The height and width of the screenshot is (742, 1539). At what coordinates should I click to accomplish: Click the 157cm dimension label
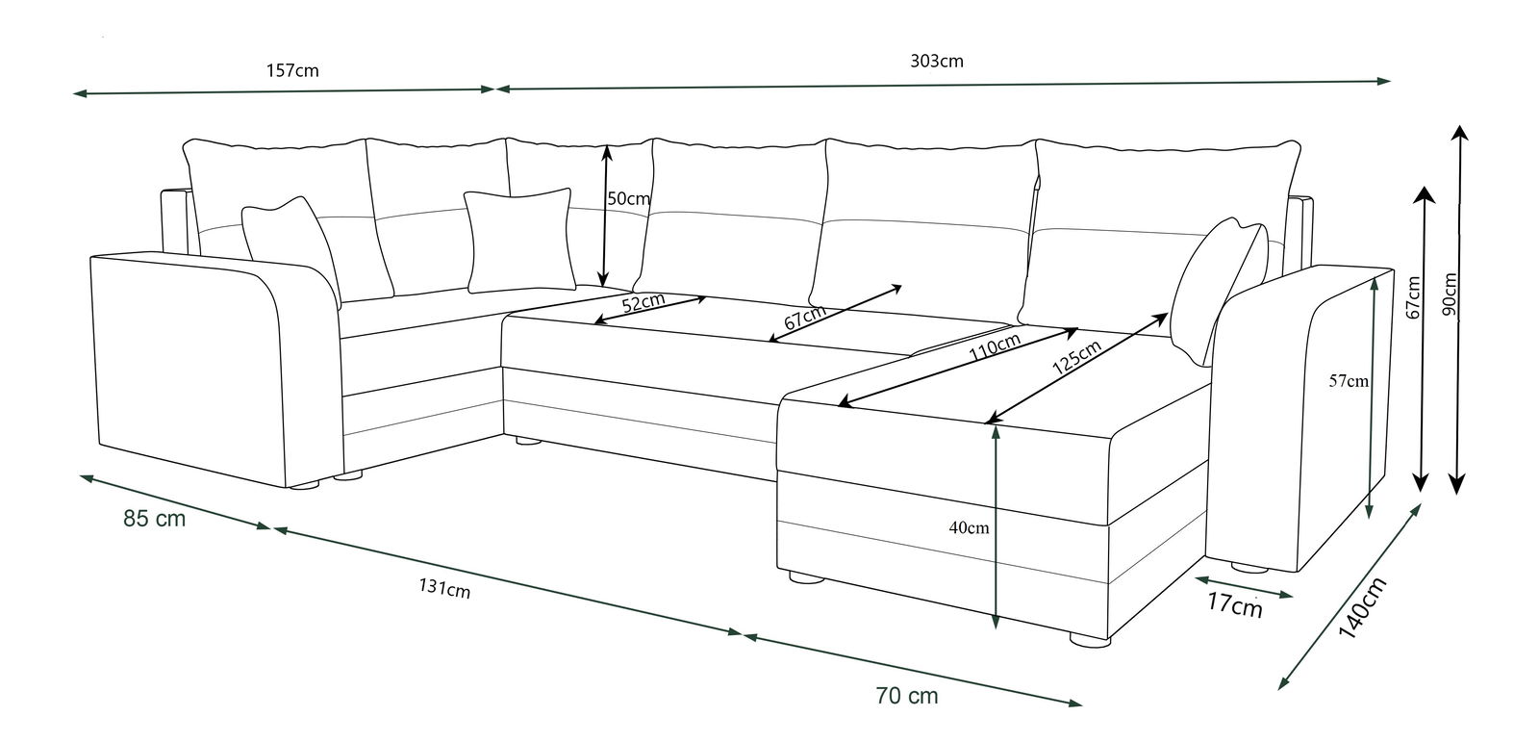click(x=291, y=70)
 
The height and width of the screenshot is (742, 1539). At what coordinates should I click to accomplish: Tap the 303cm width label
click(x=936, y=62)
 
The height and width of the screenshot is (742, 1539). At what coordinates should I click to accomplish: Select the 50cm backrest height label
click(x=629, y=199)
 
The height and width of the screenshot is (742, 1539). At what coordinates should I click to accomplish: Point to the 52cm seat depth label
click(x=643, y=303)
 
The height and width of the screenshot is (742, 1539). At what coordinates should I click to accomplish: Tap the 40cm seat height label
click(x=969, y=527)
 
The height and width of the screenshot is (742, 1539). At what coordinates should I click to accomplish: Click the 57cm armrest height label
click(x=1349, y=381)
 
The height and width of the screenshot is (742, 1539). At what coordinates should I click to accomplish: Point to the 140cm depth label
click(x=1363, y=608)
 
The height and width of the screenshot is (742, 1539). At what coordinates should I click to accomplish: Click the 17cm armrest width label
click(x=1234, y=606)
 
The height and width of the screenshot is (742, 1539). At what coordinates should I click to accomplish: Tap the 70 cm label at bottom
click(x=907, y=695)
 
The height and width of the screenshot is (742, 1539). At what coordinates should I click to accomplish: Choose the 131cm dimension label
click(x=443, y=589)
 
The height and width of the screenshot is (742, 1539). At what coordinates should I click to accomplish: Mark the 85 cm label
click(x=154, y=519)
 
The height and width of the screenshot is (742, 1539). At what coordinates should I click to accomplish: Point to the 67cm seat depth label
click(x=804, y=318)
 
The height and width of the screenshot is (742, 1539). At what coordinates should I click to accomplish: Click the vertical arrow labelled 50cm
click(x=605, y=217)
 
